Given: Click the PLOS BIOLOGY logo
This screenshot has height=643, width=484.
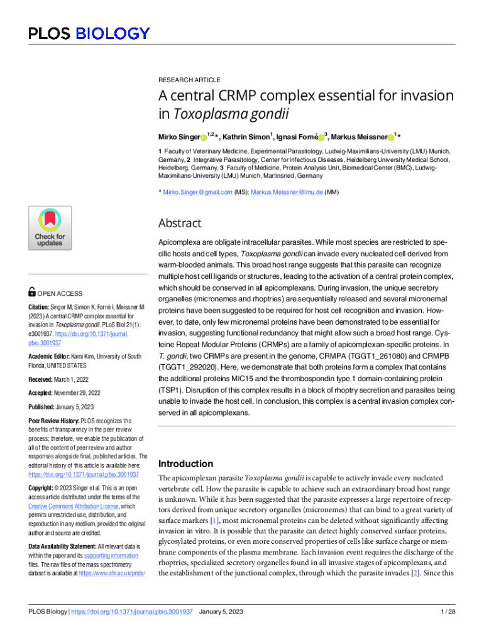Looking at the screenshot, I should pyautogui.click(x=89, y=33).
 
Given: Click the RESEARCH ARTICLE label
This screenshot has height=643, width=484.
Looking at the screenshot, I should pyautogui.click(x=189, y=80).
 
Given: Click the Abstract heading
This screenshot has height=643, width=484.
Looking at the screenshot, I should pyautogui.click(x=180, y=223).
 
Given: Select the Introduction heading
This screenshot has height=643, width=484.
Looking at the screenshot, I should pyautogui.click(x=186, y=464).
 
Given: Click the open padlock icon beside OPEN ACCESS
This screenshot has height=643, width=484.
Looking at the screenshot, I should pyautogui.click(x=33, y=293).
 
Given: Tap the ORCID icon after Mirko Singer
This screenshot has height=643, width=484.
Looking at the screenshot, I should pyautogui.click(x=204, y=138).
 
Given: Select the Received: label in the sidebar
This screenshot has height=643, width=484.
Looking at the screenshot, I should pyautogui.click(x=43, y=380).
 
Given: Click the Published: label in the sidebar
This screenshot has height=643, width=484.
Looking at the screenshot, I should pyautogui.click(x=45, y=406).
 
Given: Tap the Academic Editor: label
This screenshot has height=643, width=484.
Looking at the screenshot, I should pyautogui.click(x=54, y=357).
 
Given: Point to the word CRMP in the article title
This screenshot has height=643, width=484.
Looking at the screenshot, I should pyautogui.click(x=229, y=96).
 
